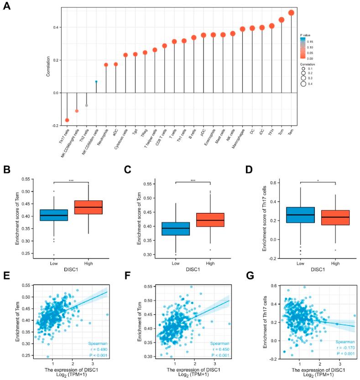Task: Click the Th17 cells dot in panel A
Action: [67, 120]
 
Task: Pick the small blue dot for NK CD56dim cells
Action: [96, 81]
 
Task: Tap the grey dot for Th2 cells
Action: [87, 106]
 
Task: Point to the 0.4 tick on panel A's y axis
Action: [56, 27]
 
